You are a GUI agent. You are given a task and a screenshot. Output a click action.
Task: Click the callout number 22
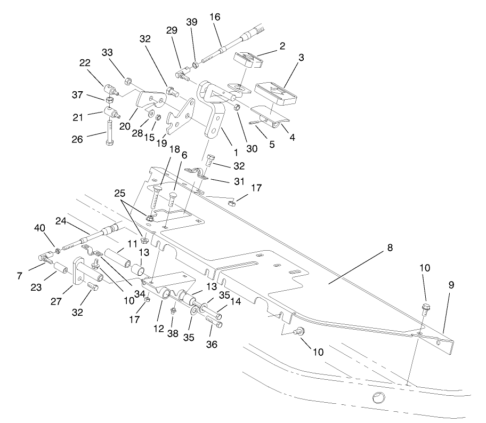pyautogui.click(x=85, y=63)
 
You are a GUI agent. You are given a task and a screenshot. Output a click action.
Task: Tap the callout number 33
pyautogui.click(x=108, y=52)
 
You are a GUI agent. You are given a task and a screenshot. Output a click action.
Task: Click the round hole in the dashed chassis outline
pyautogui.click(x=379, y=397)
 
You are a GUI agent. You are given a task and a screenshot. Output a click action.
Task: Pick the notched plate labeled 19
pyautogui.click(x=181, y=118)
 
